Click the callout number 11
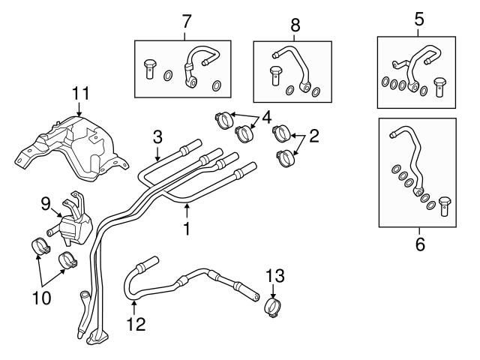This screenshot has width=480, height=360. pyautogui.click(x=80, y=94)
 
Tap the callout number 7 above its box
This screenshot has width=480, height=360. pyautogui.click(x=185, y=20)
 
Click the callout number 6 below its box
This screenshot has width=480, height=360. pyautogui.click(x=419, y=244)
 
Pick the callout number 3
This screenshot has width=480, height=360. pyautogui.click(x=157, y=137)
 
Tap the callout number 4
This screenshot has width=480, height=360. pyautogui.click(x=265, y=117)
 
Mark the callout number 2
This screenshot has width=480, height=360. pyautogui.click(x=314, y=136)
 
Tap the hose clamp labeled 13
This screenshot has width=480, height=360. pyautogui.click(x=274, y=307)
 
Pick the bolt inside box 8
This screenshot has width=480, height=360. pyautogui.click(x=274, y=76)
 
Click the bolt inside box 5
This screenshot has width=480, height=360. pyautogui.click(x=439, y=84)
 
